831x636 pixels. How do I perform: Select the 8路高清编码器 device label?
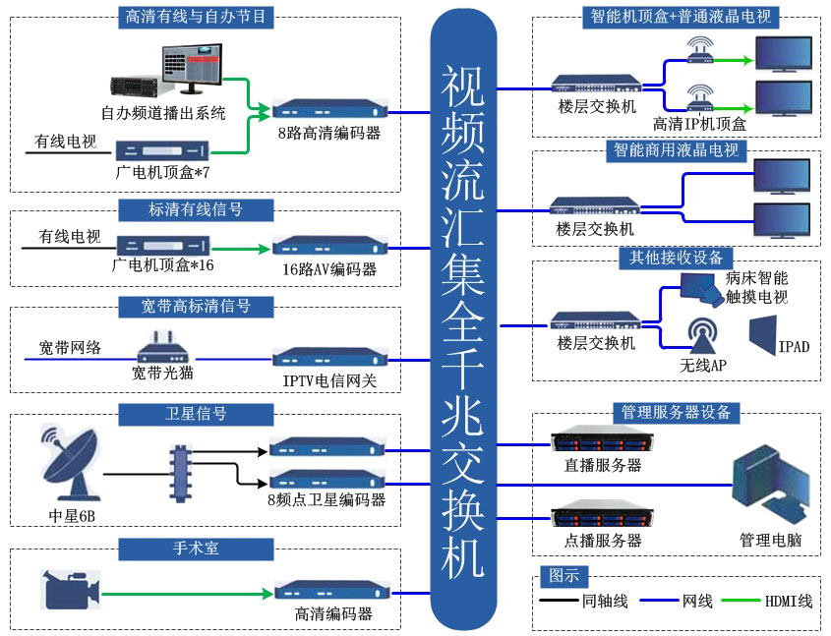tap(328, 133)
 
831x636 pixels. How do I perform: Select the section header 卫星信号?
tap(182, 413)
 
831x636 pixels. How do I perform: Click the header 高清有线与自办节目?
tap(196, 16)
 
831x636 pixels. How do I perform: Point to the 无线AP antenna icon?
tap(703, 335)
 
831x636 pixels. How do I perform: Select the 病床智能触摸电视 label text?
tap(756, 287)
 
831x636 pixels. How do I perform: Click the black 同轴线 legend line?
tap(558, 601)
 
